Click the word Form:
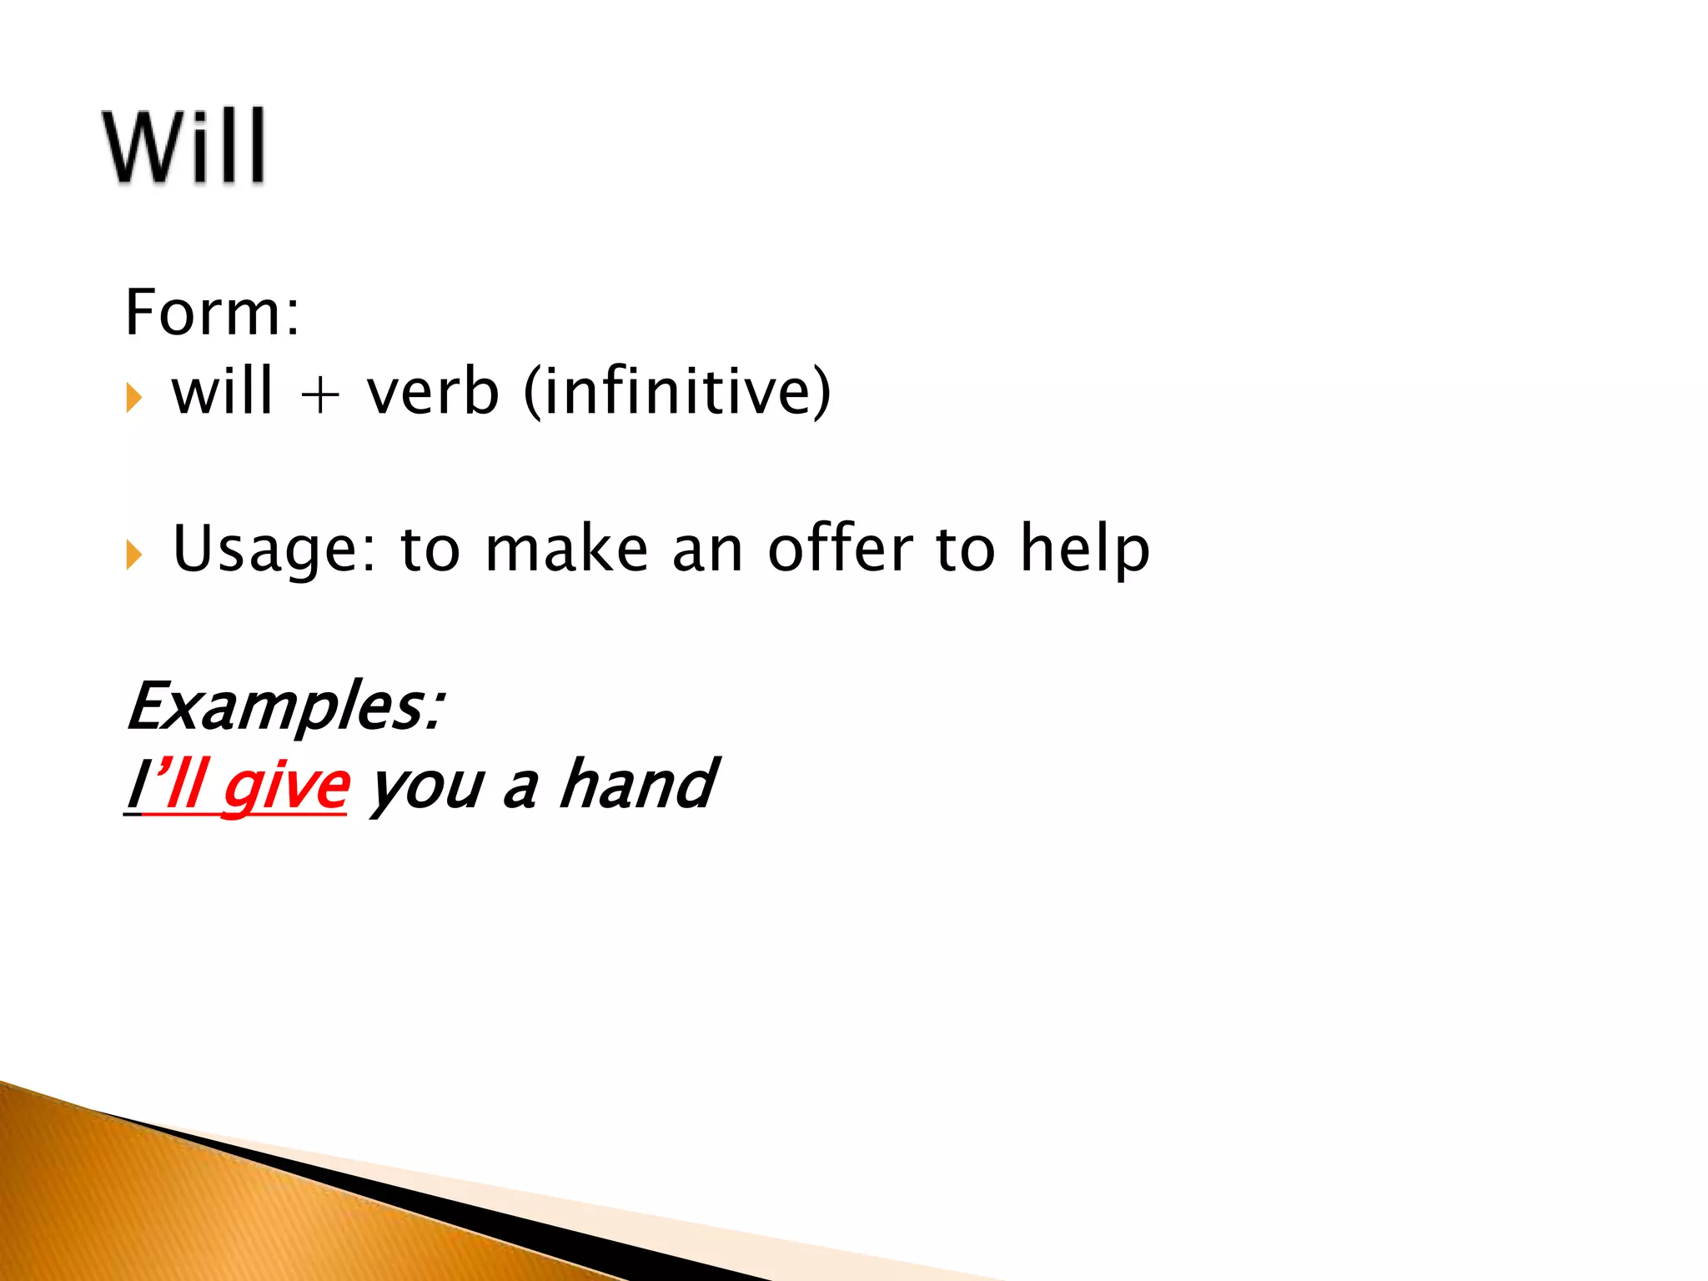[x=212, y=312]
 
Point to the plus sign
[x=320, y=394]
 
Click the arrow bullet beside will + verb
[x=134, y=398]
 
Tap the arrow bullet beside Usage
[x=134, y=555]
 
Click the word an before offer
[x=707, y=550]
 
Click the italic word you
[x=426, y=787]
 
